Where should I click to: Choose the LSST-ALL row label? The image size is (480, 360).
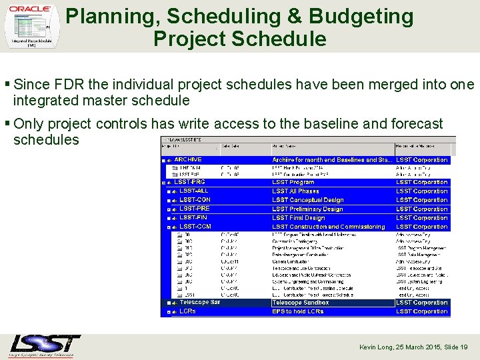coord(193,191)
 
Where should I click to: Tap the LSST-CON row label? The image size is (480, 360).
coord(195,200)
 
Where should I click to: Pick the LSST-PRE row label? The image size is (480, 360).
coord(194,209)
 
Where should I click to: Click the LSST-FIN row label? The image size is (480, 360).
coord(193,217)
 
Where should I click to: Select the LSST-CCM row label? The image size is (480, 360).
coord(195,227)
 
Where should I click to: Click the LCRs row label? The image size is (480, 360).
coord(187,311)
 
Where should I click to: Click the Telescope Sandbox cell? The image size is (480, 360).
coord(300,303)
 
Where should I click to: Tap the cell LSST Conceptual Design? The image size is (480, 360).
coord(307,200)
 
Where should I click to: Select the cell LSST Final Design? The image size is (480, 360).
coord(298,217)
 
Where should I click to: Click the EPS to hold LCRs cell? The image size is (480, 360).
coord(297,311)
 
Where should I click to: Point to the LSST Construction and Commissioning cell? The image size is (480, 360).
coord(328,227)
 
